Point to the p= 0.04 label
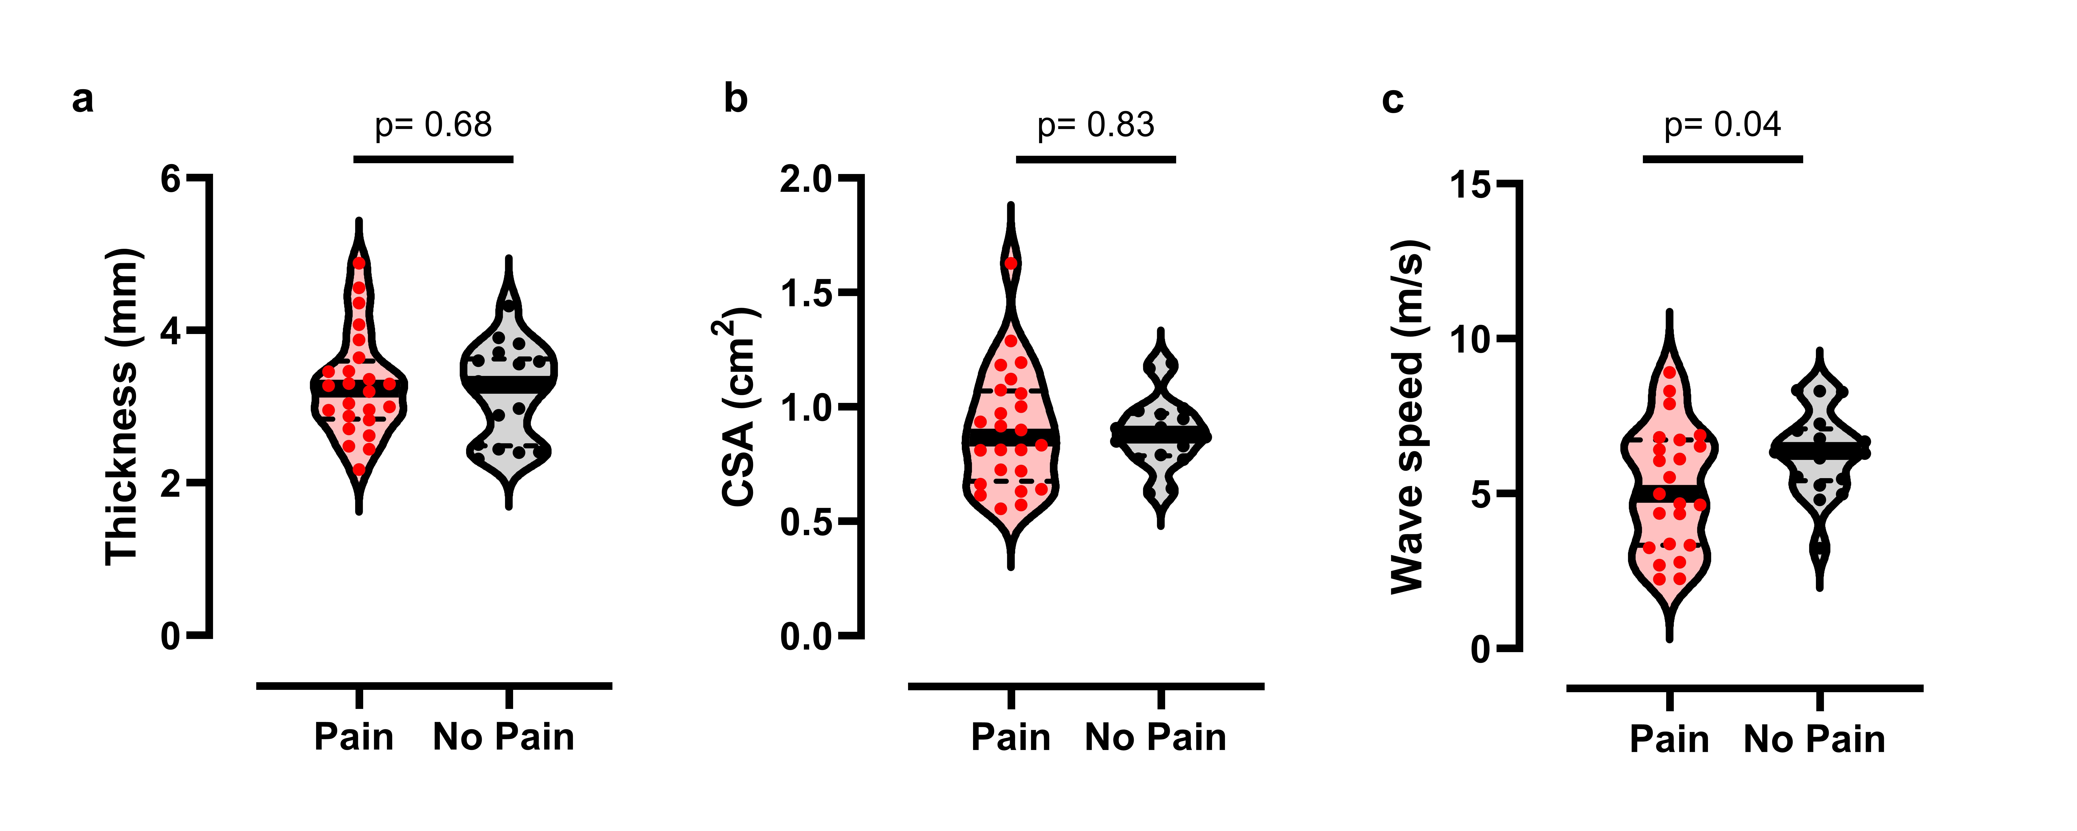tap(1722, 125)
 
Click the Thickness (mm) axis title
tap(123, 407)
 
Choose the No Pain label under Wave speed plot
tap(1814, 739)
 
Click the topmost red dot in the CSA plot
tap(1010, 263)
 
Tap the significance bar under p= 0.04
tap(1722, 159)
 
